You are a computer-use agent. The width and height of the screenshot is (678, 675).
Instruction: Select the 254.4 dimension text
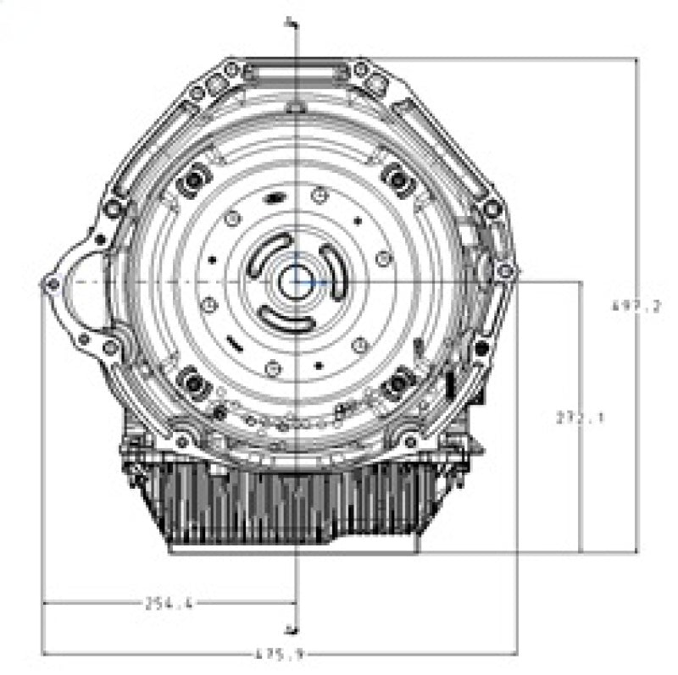(x=169, y=603)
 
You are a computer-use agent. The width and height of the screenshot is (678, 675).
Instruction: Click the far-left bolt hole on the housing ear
(x=51, y=284)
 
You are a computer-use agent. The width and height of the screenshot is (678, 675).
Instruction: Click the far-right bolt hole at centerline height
(x=507, y=271)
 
